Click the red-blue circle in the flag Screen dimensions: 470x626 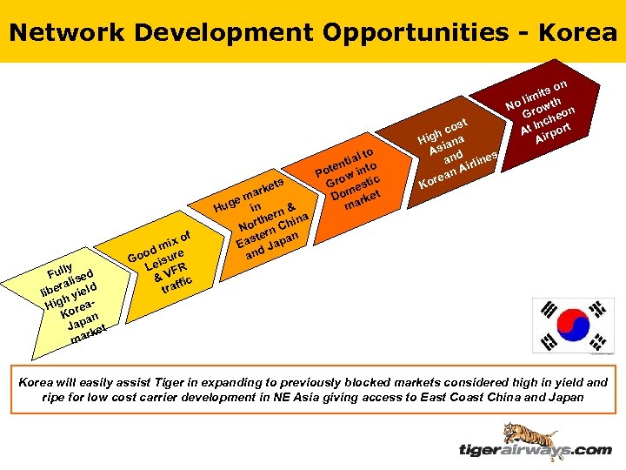573,324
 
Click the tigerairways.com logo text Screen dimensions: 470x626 535,450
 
